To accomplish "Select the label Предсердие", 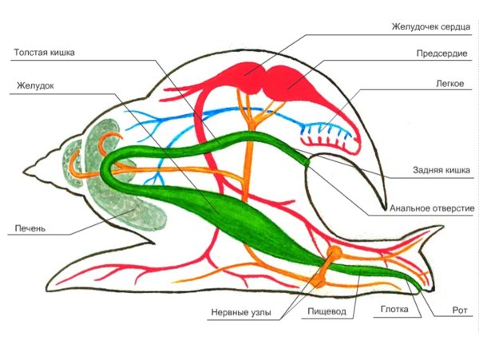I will pos(437,55).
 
